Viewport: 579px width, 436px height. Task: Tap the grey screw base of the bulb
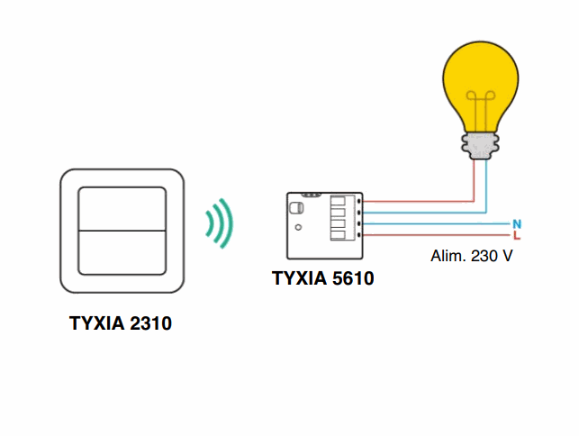coord(482,143)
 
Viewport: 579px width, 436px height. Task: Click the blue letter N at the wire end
coord(517,223)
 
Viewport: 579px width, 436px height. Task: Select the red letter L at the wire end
coord(517,235)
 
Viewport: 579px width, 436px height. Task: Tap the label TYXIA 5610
coord(322,278)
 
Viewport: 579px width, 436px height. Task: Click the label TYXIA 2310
coord(121,322)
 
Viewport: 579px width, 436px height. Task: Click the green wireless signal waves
coord(219,222)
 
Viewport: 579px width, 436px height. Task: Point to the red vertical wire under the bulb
coord(474,180)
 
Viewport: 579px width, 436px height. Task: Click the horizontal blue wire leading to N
coord(432,223)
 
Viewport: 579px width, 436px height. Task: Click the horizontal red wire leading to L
coord(432,235)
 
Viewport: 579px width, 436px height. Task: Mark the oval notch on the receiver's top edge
coord(312,195)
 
